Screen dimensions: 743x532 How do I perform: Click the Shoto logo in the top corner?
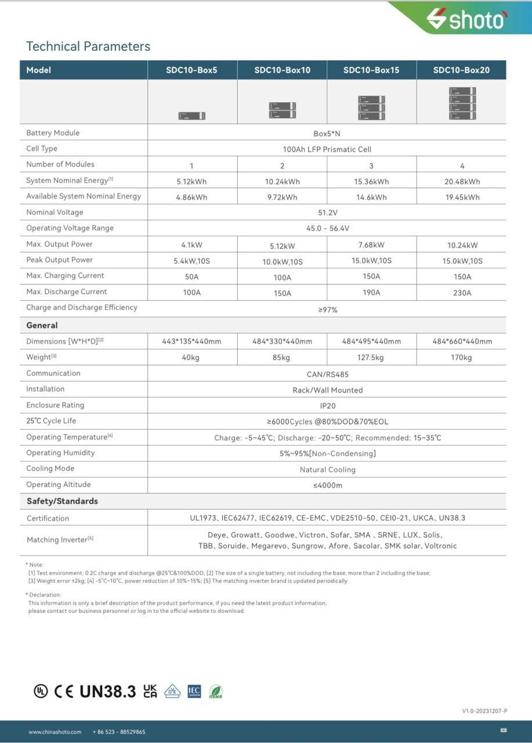pyautogui.click(x=466, y=19)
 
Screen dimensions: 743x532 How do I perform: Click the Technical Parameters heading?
pyautogui.click(x=88, y=46)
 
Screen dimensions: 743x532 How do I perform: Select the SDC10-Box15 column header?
pyautogui.click(x=371, y=70)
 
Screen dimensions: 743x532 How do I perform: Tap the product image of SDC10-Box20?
pyautogui.click(x=462, y=103)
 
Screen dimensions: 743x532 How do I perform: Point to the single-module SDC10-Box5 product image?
pyautogui.click(x=191, y=116)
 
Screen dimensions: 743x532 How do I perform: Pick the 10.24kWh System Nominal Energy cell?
pyautogui.click(x=283, y=182)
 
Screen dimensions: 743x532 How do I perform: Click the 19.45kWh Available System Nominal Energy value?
pyautogui.click(x=462, y=197)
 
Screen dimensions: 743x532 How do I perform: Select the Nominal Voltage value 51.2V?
pyautogui.click(x=327, y=212)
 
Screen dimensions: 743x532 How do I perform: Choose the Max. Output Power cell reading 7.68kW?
pyautogui.click(x=371, y=245)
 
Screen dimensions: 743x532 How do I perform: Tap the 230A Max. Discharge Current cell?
pyautogui.click(x=462, y=293)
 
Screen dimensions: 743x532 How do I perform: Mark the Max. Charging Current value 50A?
pyautogui.click(x=191, y=277)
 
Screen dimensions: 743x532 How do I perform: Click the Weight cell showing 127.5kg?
pyautogui.click(x=371, y=358)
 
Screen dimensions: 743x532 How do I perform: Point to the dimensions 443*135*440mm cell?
pyautogui.click(x=191, y=341)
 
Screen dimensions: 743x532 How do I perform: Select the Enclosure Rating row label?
pyautogui.click(x=55, y=405)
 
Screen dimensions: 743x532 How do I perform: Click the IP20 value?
pyautogui.click(x=327, y=406)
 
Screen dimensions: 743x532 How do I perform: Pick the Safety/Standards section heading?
pyautogui.click(x=62, y=501)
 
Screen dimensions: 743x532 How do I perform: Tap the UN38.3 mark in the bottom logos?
pyautogui.click(x=107, y=691)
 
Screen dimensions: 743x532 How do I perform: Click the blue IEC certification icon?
pyautogui.click(x=194, y=691)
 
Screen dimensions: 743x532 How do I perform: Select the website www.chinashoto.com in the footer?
pyautogui.click(x=55, y=732)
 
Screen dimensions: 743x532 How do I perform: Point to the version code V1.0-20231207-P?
pyautogui.click(x=484, y=711)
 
